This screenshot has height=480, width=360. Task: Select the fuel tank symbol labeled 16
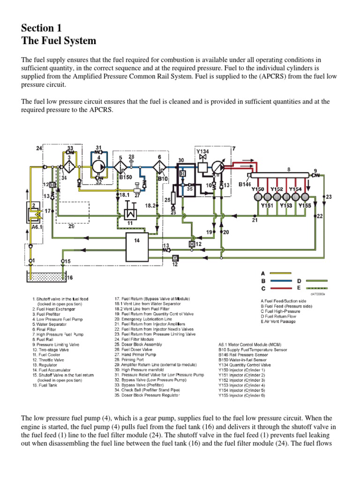click(46, 277)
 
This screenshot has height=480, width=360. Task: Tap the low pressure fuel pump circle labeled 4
click(99, 165)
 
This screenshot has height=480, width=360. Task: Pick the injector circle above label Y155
click(305, 196)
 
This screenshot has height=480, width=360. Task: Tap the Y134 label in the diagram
click(202, 151)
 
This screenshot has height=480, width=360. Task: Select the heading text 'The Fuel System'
click(59, 41)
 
